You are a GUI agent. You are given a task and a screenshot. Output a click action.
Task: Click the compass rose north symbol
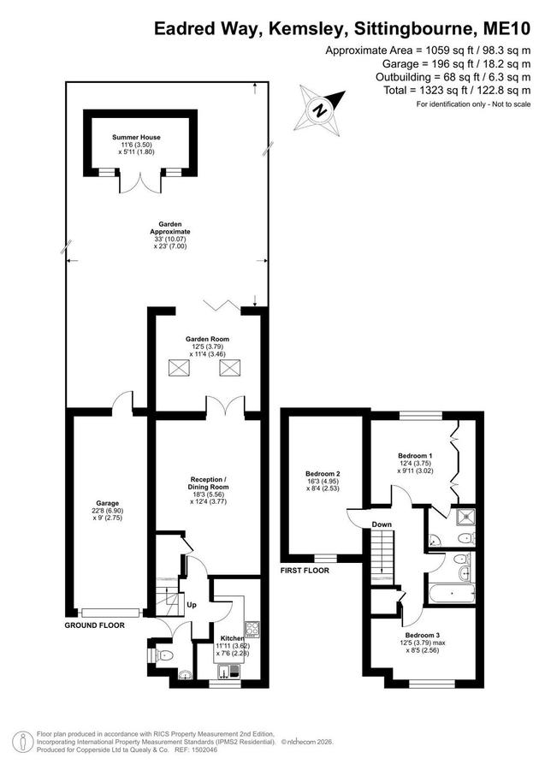click(x=320, y=109)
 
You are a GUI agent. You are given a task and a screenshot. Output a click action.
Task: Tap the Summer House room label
click(x=136, y=138)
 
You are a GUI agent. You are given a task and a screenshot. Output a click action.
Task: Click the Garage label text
click(x=107, y=503)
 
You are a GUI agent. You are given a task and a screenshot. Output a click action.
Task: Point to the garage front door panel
click(x=111, y=613)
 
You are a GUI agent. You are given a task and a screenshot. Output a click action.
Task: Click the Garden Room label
click(x=207, y=339)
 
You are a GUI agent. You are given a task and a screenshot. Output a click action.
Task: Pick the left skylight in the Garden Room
click(x=179, y=367)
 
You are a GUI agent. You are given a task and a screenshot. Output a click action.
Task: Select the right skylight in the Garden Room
click(x=230, y=367)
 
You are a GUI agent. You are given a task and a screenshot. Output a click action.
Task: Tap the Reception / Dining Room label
click(x=209, y=483)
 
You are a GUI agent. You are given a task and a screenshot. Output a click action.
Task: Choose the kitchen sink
click(x=228, y=670)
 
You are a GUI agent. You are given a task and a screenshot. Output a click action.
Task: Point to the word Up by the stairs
click(x=192, y=605)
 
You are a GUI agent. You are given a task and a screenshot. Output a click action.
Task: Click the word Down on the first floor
click(x=382, y=524)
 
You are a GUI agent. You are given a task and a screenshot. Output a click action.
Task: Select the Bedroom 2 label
click(x=323, y=474)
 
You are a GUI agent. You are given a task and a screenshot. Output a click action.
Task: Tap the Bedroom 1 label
click(x=415, y=456)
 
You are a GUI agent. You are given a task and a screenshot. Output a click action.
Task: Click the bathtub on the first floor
click(x=453, y=593)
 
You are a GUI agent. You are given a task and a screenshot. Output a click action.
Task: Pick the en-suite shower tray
click(x=464, y=517)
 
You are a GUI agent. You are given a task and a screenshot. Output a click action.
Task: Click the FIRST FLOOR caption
click(x=305, y=571)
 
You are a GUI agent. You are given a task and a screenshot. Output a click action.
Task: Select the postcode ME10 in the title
click(x=506, y=28)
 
